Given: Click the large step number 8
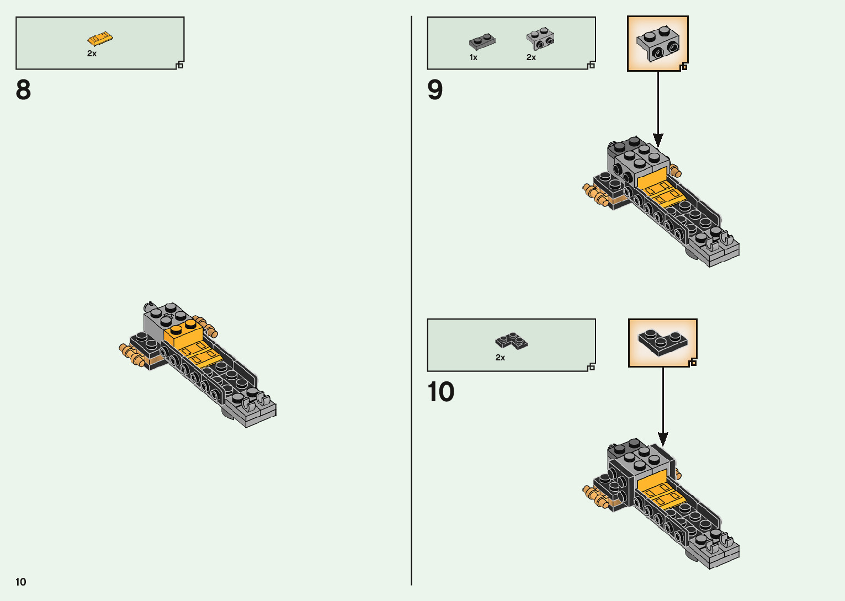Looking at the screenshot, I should [x=23, y=90].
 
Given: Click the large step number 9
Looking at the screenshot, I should [x=435, y=90].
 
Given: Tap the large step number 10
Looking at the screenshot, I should [x=440, y=392].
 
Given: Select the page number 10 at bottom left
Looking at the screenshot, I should [x=21, y=582].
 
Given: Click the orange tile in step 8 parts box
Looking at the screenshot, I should [x=100, y=39].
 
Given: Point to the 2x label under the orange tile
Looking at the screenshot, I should [x=92, y=54].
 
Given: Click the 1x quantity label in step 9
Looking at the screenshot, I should [x=474, y=57].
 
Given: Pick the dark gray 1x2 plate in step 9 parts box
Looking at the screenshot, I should [x=482, y=41].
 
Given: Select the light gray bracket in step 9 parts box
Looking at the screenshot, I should [x=540, y=39].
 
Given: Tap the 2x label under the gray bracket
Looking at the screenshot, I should [x=531, y=57].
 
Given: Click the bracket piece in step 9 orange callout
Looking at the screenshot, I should [x=657, y=44].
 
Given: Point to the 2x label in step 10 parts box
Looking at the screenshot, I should [x=500, y=358].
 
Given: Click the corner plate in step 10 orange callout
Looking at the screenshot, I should [x=662, y=341].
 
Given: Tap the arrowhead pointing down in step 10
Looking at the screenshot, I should [x=663, y=438].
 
